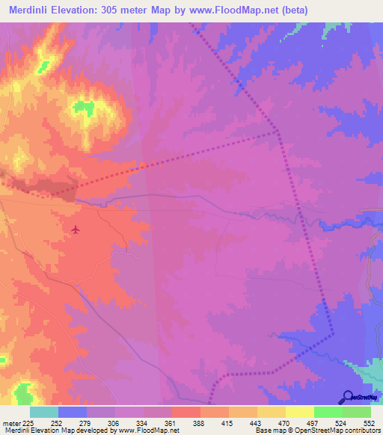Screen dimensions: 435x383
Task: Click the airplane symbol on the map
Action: (76, 229)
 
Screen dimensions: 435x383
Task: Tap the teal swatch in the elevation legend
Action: (44, 412)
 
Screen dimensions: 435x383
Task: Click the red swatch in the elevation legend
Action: (186, 412)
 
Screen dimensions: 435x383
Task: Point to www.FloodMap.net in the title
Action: (234, 10)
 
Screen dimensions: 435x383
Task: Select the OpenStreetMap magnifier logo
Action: (346, 398)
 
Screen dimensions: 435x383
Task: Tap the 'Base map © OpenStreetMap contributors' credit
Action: (317, 430)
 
